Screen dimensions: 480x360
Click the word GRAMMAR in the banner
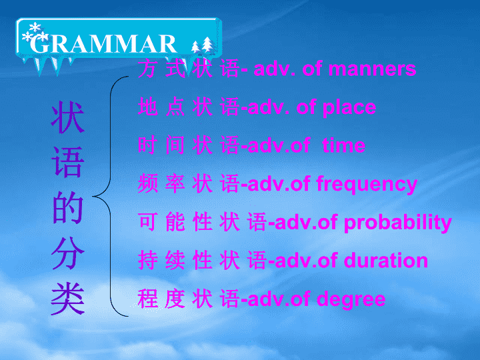click(103, 44)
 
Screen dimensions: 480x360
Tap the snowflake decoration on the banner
click(35, 33)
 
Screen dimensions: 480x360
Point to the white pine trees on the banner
click(203, 45)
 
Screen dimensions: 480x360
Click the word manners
click(372, 69)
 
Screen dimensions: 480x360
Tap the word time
click(344, 145)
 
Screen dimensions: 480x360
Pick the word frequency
click(367, 185)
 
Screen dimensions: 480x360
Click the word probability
click(397, 223)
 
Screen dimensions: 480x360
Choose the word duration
click(386, 261)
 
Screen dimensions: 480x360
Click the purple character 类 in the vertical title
click(67, 299)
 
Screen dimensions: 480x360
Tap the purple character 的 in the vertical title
click(67, 208)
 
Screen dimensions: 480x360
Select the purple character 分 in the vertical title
click(67, 253)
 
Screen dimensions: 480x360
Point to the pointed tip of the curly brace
click(93, 197)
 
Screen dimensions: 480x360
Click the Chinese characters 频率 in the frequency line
click(161, 183)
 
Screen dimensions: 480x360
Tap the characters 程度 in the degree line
click(161, 299)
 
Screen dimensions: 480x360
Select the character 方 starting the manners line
click(147, 69)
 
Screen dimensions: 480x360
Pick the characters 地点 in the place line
click(161, 107)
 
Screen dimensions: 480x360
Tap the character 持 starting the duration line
click(147, 260)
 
